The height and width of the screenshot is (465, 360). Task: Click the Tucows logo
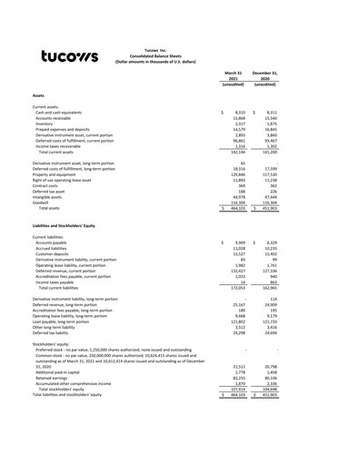click(x=70, y=57)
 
